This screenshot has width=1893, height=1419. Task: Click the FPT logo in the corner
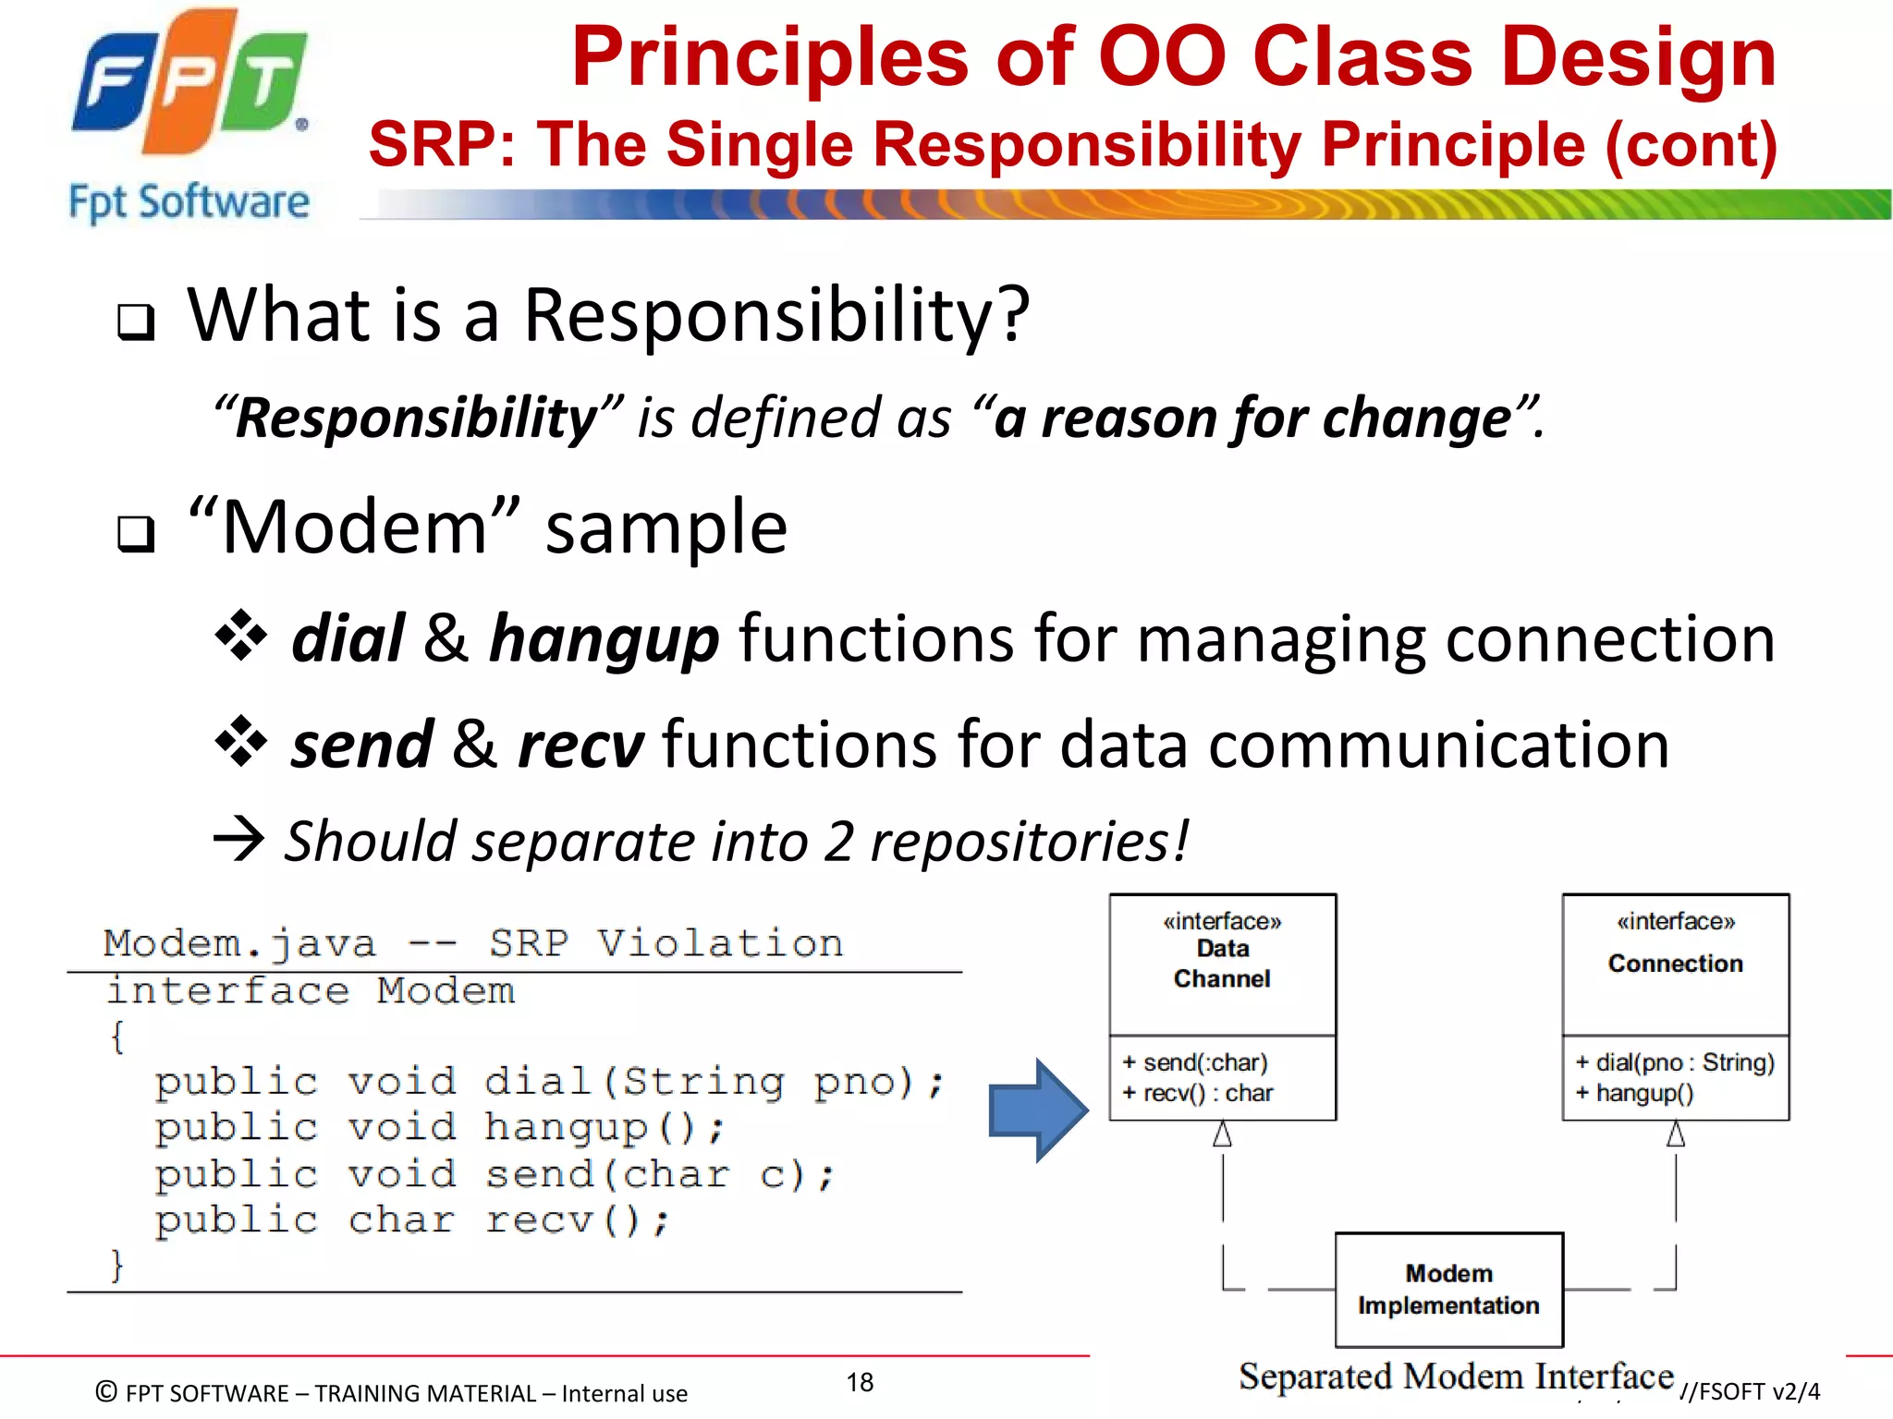[x=189, y=83]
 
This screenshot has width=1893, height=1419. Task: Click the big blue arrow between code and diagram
[x=1037, y=1110]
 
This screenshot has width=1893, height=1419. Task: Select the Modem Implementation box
[x=1448, y=1290]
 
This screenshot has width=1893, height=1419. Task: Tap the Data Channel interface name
[x=1222, y=964]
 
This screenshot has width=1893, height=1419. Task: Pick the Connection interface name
[x=1675, y=964]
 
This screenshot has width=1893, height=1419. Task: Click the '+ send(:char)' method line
[x=1195, y=1062]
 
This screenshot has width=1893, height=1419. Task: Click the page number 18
[x=860, y=1382]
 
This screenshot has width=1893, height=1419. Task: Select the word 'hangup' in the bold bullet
[x=604, y=639]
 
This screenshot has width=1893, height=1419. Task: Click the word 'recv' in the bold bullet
[x=580, y=745]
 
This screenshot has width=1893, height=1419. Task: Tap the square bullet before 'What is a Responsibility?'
[x=136, y=322]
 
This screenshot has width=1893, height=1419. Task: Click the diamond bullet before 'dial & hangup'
[x=240, y=636]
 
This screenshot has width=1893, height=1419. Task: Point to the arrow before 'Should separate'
[x=238, y=840]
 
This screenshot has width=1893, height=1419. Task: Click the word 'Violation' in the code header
[x=720, y=943]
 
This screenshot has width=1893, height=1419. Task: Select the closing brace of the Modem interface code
[x=116, y=1264]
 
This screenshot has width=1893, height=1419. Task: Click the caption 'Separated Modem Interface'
[x=1456, y=1377]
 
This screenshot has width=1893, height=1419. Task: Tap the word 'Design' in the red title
[x=1638, y=57]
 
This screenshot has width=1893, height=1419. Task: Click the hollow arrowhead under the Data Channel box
[x=1222, y=1134]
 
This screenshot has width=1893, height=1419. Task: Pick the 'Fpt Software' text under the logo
[x=189, y=201]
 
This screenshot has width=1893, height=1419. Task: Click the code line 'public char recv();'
[x=411, y=1220]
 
